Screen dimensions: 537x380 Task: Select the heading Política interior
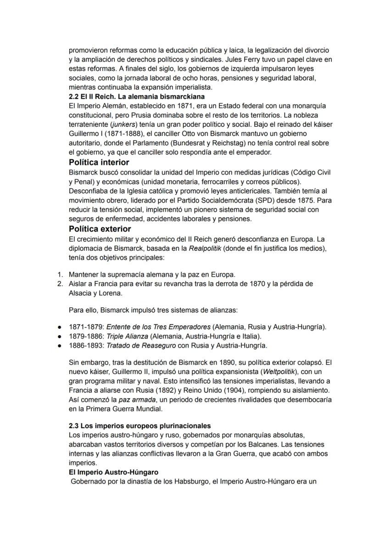(x=99, y=162)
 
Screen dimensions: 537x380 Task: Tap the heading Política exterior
(x=100, y=229)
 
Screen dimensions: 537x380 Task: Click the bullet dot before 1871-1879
(x=60, y=327)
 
